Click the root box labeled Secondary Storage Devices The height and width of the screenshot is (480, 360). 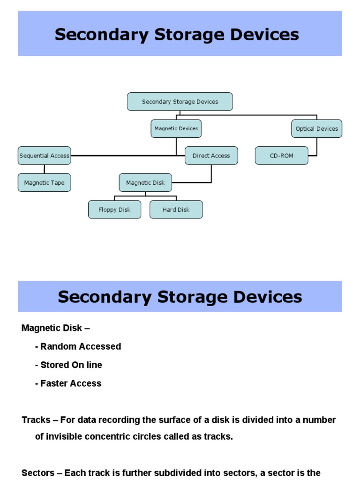click(180, 102)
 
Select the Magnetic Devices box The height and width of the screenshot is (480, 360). click(176, 128)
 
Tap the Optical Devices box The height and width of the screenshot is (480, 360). click(316, 128)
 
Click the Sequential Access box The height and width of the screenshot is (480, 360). click(45, 156)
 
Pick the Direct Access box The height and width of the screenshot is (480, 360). click(211, 156)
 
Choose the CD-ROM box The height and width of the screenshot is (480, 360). click(281, 156)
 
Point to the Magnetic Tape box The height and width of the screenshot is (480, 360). click(45, 183)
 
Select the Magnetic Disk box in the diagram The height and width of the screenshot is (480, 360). click(145, 183)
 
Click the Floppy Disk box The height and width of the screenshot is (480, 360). click(114, 210)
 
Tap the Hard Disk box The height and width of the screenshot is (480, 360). click(176, 210)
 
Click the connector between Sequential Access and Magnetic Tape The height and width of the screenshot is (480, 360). click(45, 169)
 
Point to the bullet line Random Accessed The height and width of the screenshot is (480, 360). click(78, 346)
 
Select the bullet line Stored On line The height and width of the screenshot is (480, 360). click(68, 365)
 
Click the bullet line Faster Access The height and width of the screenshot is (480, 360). click(68, 383)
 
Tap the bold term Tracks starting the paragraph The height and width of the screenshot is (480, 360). click(36, 420)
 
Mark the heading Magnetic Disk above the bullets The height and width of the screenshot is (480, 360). click(52, 328)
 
